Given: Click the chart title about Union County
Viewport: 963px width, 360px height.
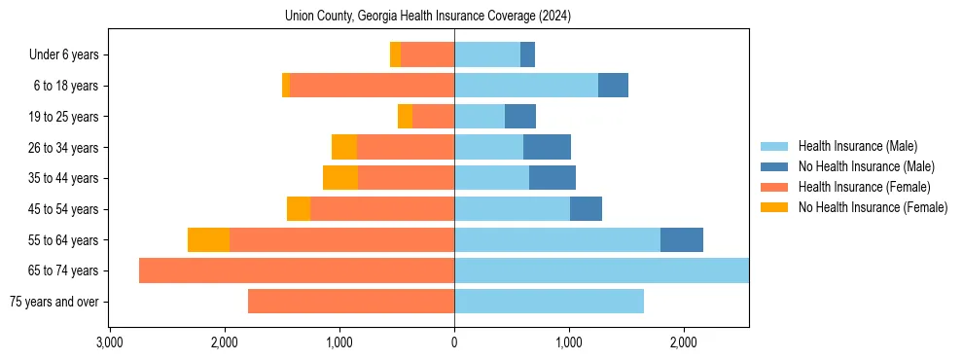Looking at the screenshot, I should coord(428,16).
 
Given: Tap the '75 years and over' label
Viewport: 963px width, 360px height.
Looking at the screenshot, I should coord(53,302).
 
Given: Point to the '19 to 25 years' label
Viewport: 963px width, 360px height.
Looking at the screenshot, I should coord(63,117).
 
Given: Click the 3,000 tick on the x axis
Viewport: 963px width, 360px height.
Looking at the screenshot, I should coord(110,342).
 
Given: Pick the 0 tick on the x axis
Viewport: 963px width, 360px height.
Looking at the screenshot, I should coord(454,342).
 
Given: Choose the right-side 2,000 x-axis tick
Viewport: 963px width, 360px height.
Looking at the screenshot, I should coord(684,342).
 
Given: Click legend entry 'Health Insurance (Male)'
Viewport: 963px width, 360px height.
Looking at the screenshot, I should coord(857,146).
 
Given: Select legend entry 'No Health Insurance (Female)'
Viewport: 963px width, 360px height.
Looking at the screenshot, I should coord(873,207).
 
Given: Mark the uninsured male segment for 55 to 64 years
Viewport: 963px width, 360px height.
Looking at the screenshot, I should coord(682,240).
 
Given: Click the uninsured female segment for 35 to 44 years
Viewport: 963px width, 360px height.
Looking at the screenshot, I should coord(340,178).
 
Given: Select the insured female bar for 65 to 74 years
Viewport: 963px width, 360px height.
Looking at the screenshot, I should coord(297,270).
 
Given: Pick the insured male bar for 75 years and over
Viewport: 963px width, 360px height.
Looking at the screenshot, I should coord(549,302).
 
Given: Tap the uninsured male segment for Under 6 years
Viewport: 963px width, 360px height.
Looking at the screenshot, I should coord(527,55).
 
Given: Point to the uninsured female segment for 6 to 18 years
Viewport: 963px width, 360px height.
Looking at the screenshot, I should coord(286,86).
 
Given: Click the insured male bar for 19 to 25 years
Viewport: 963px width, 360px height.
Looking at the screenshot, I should coord(480,117).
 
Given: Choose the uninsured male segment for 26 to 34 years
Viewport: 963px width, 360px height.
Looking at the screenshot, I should coord(547,148).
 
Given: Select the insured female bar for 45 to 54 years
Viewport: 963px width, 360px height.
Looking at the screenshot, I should coord(382,209).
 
